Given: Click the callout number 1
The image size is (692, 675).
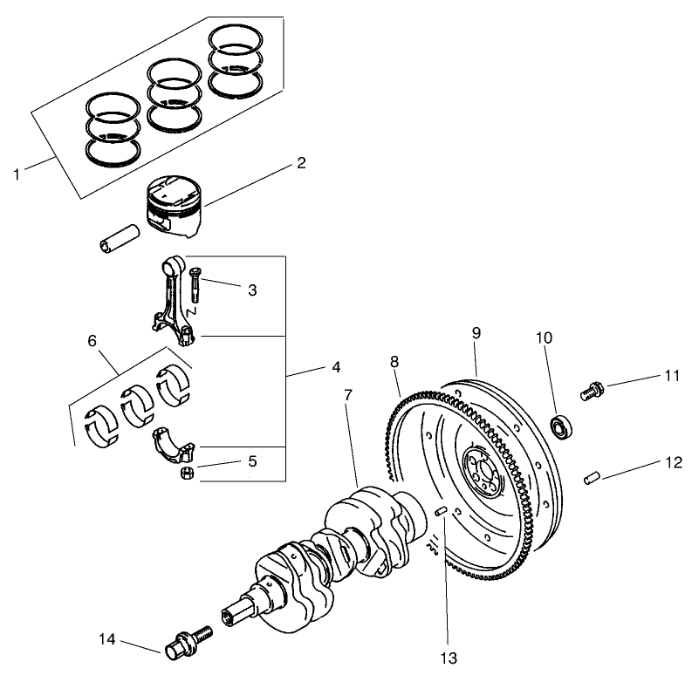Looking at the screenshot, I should tap(17, 174).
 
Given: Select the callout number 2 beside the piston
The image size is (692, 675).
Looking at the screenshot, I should tap(301, 163).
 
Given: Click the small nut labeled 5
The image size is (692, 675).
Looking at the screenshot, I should tap(186, 474).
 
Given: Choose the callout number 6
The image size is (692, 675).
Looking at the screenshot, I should tap(92, 343).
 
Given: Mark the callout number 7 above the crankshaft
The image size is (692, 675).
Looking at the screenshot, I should tap(348, 394).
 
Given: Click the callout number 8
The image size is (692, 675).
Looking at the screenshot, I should tap(394, 359).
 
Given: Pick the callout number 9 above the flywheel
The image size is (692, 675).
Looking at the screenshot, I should tap(476, 333).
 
